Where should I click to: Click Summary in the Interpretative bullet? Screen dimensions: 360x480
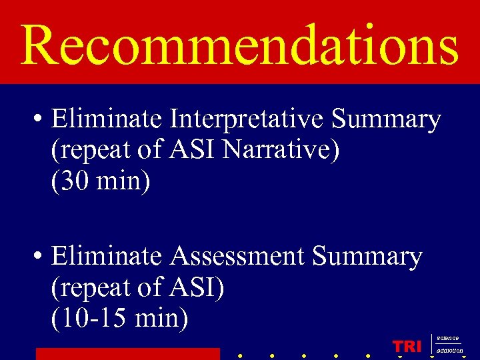386,120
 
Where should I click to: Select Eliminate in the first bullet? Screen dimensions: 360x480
107,120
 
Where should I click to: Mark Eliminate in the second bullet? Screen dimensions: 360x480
107,256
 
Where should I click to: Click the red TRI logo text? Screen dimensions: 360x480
407,347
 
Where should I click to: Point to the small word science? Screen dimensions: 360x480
448,339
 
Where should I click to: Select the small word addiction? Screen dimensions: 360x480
450,351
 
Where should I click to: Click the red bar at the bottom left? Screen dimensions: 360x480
127,354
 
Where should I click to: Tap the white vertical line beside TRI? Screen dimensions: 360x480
432,345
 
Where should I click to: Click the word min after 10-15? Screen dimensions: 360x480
161,318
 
